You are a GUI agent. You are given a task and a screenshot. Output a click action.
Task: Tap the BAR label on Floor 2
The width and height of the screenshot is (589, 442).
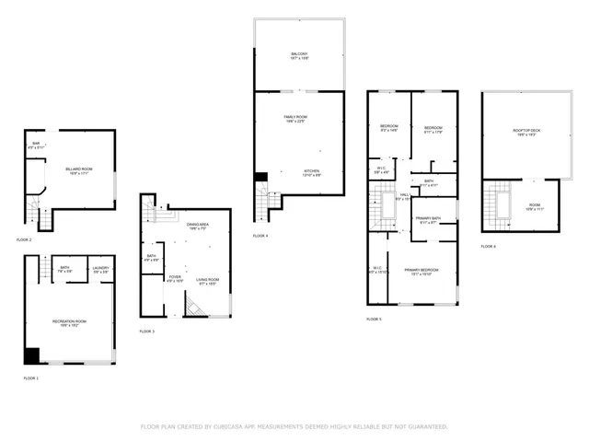36,145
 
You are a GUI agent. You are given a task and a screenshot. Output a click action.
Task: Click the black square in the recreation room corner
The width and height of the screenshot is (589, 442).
32,355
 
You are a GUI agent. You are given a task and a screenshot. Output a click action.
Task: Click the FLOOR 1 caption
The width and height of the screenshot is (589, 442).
31,378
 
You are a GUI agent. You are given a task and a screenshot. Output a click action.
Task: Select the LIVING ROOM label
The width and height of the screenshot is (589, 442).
207,280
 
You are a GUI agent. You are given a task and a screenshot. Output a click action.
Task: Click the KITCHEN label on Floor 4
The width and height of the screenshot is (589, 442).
312,172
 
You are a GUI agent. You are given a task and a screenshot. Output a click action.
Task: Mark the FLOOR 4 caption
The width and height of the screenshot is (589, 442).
261,236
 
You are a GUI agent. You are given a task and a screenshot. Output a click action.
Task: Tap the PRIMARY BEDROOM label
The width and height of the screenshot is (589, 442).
421,271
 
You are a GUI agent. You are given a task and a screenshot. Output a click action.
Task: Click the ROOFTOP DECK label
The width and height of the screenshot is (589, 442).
525,131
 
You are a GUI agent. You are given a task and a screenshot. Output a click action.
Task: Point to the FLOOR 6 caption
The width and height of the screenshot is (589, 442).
488,247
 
